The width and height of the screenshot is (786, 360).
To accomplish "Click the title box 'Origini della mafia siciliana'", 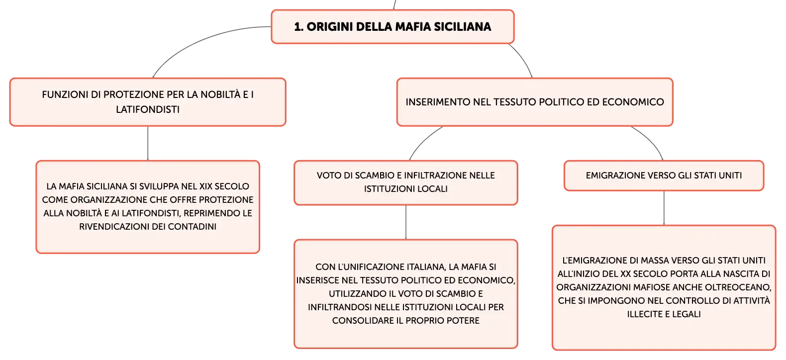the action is coord(393,27).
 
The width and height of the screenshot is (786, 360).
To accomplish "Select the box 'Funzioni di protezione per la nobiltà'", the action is coord(148,102).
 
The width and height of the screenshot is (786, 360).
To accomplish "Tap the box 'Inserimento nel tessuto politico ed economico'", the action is coord(535,102).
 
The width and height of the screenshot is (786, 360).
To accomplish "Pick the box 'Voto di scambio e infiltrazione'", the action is coord(405,183).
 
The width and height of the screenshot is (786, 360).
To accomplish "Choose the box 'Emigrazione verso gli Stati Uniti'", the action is coord(664,176).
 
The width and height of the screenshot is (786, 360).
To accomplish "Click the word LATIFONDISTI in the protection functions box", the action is coord(148,109).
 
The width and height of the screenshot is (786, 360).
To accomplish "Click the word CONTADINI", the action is coord(192,227).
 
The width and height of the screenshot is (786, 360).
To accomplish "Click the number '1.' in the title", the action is coord(298,27).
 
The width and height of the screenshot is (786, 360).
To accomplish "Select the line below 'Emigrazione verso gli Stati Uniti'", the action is coord(664,208).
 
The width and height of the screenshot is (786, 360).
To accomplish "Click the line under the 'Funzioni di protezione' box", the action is coord(148,144).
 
